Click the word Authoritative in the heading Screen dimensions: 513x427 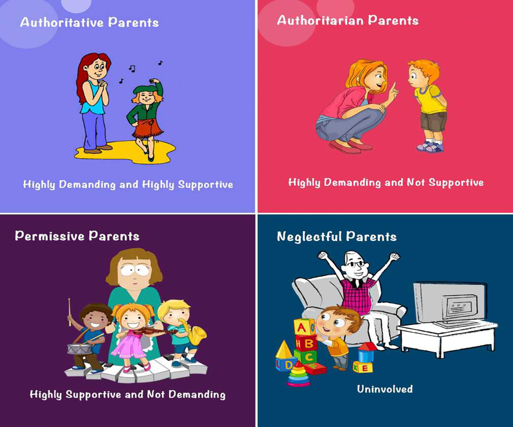click(x=62, y=22)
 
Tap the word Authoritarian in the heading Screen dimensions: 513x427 click(x=320, y=20)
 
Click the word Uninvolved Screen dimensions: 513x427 click(x=385, y=389)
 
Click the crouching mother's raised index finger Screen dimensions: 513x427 click(x=394, y=88)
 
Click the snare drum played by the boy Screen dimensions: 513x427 click(x=79, y=349)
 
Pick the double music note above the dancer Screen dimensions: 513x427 click(x=132, y=69)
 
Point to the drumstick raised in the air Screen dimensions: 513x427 click(x=70, y=312)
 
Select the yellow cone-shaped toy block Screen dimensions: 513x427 click(x=284, y=349)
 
